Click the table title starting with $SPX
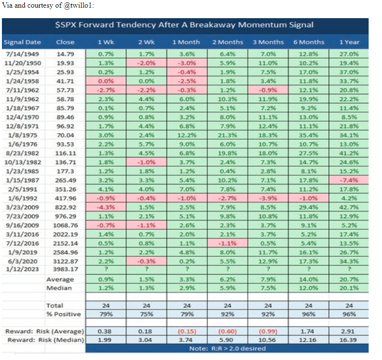click(183, 25)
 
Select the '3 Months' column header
click(268, 42)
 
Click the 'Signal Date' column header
click(22, 42)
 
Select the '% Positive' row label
click(64, 314)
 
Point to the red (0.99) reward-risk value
click(268, 331)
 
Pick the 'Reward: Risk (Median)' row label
click(44, 339)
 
